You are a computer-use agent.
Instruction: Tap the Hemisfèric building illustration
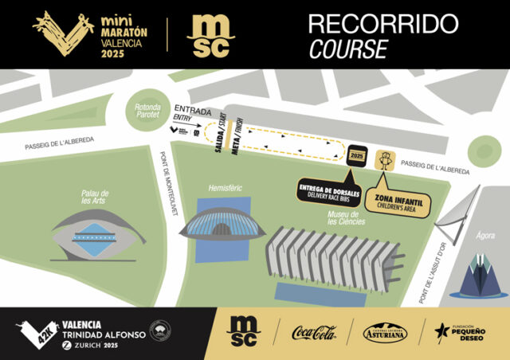222,226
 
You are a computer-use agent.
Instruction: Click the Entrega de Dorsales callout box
329,191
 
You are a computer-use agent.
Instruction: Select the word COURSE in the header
348,49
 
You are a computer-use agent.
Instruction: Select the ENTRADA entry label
191,109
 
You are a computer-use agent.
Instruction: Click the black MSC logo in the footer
241,331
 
